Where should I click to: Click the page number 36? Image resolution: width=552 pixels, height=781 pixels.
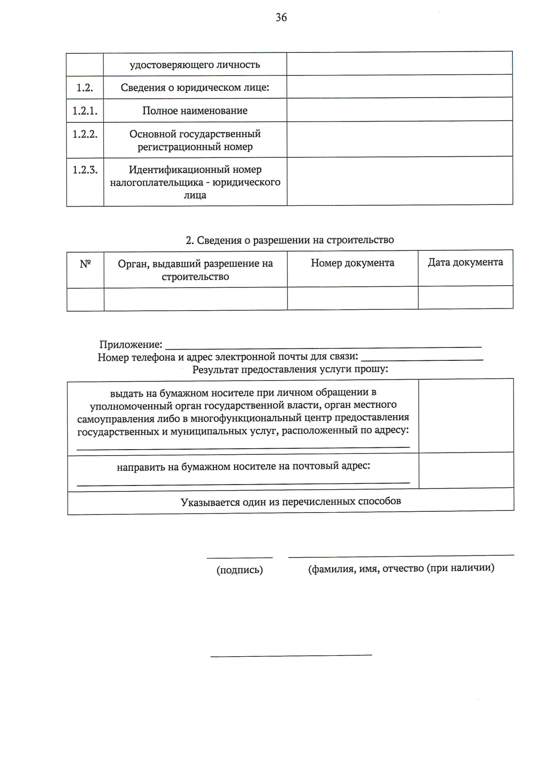pyautogui.click(x=281, y=17)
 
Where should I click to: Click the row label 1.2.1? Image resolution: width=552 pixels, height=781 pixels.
pyautogui.click(x=85, y=111)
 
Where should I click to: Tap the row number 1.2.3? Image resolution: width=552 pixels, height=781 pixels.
pyautogui.click(x=85, y=170)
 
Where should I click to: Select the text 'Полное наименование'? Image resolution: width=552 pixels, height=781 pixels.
pyautogui.click(x=195, y=111)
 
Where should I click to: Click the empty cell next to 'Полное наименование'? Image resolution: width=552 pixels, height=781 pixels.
pyautogui.click(x=399, y=110)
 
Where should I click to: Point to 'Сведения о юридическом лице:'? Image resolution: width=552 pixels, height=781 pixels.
pyautogui.click(x=195, y=87)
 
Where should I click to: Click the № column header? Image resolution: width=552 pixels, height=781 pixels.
pyautogui.click(x=85, y=264)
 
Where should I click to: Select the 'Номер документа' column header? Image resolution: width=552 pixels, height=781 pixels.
pyautogui.click(x=352, y=263)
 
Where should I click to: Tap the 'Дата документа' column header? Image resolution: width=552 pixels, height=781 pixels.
pyautogui.click(x=466, y=262)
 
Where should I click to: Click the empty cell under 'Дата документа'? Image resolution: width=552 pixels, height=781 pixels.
pyautogui.click(x=466, y=298)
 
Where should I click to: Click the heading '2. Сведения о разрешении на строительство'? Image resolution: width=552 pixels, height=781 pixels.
pyautogui.click(x=290, y=240)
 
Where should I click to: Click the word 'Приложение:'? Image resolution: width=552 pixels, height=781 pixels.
pyautogui.click(x=131, y=344)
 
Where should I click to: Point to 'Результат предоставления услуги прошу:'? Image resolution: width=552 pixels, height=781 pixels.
pyautogui.click(x=290, y=369)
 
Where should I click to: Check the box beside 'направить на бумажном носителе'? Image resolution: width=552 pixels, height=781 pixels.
pyautogui.click(x=466, y=470)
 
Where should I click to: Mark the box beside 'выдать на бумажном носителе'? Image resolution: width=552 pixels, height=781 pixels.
pyautogui.click(x=466, y=416)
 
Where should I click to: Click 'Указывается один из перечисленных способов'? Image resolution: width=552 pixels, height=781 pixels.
pyautogui.click(x=291, y=501)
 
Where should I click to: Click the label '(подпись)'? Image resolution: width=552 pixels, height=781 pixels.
pyautogui.click(x=240, y=570)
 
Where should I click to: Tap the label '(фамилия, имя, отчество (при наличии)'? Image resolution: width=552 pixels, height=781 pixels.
pyautogui.click(x=401, y=568)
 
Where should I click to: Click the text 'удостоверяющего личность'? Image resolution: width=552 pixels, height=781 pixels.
pyautogui.click(x=195, y=65)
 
